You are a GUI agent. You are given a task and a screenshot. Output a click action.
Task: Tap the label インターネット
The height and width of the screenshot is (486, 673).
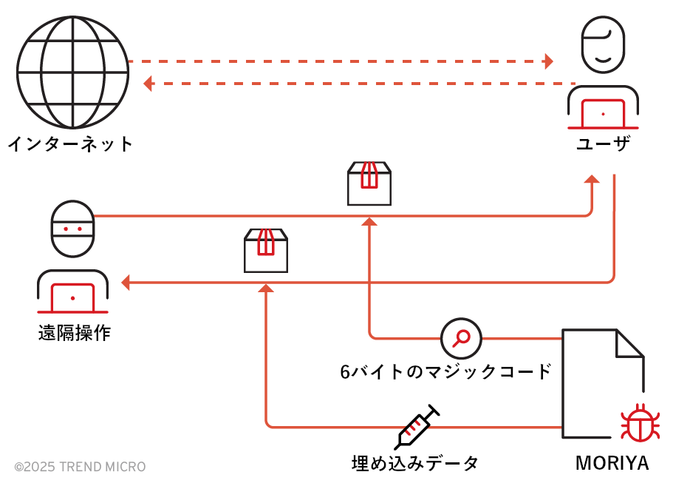pos(70,143)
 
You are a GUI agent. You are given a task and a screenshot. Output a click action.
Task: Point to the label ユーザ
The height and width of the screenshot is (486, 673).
pos(603,144)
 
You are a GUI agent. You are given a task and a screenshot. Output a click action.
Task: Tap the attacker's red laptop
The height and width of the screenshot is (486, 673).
pos(72,298)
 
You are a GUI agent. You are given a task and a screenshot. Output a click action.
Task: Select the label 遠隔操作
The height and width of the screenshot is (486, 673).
pos(74,333)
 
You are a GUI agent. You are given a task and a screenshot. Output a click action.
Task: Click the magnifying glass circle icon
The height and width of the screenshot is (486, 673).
pos(461,339)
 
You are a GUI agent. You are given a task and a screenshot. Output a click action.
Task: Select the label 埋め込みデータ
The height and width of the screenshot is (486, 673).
pos(415,464)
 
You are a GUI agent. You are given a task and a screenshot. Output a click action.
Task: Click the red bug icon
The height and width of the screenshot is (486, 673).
pos(635,424)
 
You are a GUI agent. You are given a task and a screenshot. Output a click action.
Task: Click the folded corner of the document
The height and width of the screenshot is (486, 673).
pos(630,344)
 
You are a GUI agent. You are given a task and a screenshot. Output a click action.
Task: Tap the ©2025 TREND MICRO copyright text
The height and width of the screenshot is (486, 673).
pos(80,467)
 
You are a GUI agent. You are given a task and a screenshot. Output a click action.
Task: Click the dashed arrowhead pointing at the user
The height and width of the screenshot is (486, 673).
pos(548,61)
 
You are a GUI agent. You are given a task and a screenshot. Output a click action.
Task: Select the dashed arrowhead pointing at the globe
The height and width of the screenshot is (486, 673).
pos(148,84)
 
